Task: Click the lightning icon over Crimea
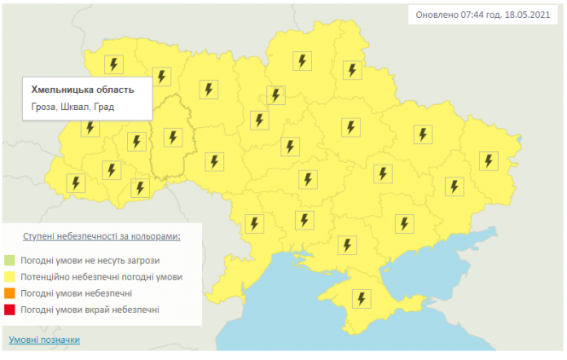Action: (x=362, y=299)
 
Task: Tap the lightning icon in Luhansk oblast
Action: (x=488, y=160)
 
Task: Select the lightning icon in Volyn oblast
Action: (x=113, y=65)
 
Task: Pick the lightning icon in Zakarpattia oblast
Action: (x=76, y=183)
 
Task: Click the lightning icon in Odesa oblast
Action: (x=253, y=224)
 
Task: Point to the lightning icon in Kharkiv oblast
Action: (x=422, y=134)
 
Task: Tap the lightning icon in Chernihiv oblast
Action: (x=301, y=61)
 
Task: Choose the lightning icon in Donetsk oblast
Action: (x=454, y=187)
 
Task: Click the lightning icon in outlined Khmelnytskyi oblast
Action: (x=173, y=136)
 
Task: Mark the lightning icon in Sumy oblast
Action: (x=350, y=70)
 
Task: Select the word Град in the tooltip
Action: (x=104, y=107)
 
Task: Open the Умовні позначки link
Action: (x=44, y=340)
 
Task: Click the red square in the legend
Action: (x=10, y=309)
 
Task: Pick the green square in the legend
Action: (x=10, y=260)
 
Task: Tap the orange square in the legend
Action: (x=10, y=293)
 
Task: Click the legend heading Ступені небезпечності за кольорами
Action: (x=101, y=235)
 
